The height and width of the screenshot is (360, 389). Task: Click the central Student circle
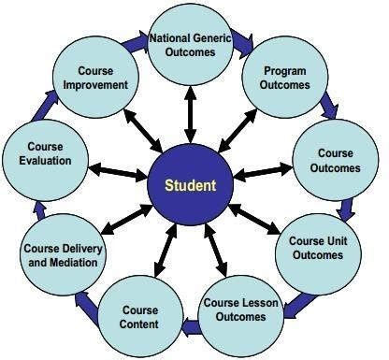click(190, 185)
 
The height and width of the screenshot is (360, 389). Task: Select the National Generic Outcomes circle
click(190, 45)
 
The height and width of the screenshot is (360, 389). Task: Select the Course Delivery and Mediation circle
click(64, 253)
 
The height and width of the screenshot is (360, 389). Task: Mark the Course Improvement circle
click(95, 77)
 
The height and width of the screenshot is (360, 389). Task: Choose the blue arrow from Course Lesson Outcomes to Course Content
click(190, 326)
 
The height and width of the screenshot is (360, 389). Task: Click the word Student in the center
click(190, 185)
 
